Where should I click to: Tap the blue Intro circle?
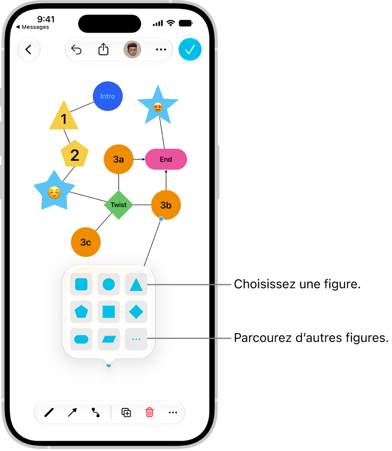click(108, 96)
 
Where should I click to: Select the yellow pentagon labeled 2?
click(75, 154)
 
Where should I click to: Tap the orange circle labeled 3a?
click(119, 159)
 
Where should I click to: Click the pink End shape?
click(166, 159)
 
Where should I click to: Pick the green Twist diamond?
click(119, 205)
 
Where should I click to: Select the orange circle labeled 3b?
click(166, 205)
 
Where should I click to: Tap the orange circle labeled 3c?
click(86, 242)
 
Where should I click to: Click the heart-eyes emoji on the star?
click(158, 107)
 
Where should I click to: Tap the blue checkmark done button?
click(190, 50)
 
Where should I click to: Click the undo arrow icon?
click(76, 50)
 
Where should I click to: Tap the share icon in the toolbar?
click(103, 49)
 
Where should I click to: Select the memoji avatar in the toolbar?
click(132, 50)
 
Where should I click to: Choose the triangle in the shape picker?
click(136, 285)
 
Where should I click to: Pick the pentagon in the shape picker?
click(81, 311)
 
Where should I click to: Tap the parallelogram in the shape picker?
click(109, 339)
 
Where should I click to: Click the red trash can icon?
click(150, 412)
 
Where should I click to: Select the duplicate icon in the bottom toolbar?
click(126, 413)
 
